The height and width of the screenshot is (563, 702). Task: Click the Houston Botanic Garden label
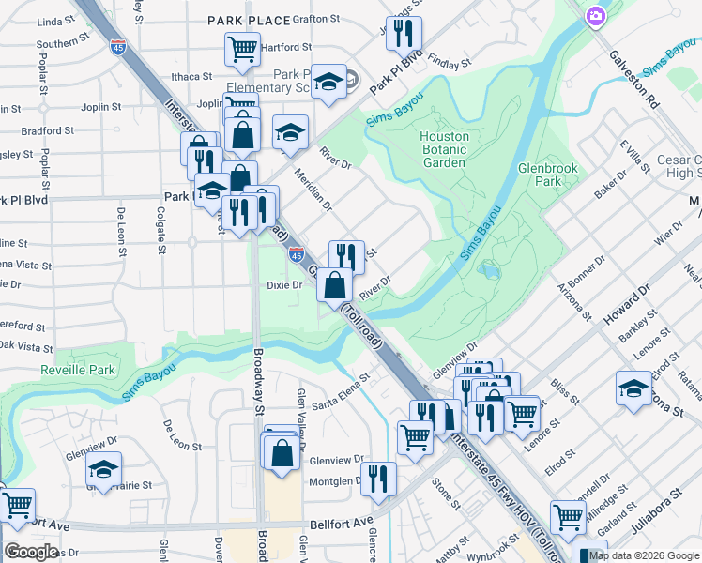[x=444, y=149]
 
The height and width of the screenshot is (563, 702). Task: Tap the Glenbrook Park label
[x=548, y=175]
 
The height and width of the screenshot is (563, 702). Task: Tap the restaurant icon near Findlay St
[x=404, y=34]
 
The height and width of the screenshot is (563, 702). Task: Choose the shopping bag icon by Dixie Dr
[x=334, y=284]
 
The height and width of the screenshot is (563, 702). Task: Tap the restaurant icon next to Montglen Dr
[x=378, y=478]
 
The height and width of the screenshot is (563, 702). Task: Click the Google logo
[x=31, y=552]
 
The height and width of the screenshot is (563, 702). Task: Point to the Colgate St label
[x=160, y=236]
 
